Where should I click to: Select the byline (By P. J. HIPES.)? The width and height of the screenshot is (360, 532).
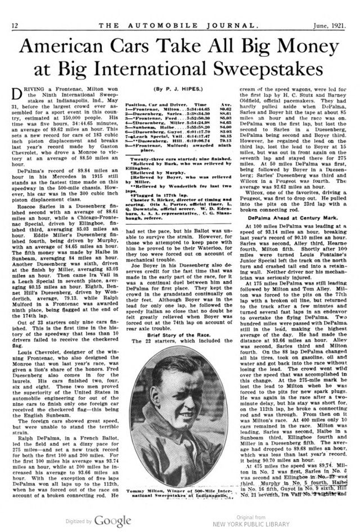coord(181,88)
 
